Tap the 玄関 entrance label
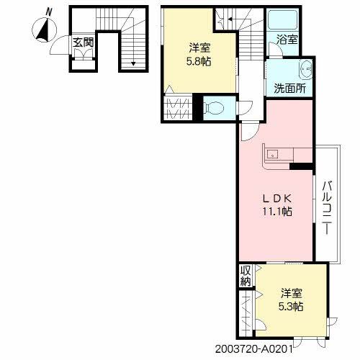(x=83, y=42)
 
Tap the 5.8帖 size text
(x=199, y=63)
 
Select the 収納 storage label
(x=246, y=276)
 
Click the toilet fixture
(x=216, y=107)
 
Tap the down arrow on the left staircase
(x=133, y=62)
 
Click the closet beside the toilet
(x=179, y=108)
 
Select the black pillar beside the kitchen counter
(x=301, y=167)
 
